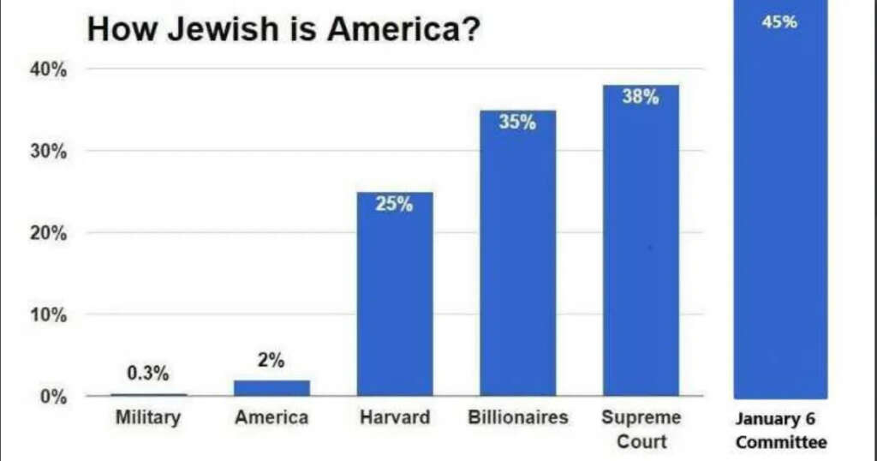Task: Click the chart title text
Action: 283,30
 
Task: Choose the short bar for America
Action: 271,388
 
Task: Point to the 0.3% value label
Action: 148,374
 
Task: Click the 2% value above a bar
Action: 271,361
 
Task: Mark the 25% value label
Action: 395,206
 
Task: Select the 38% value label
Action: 641,97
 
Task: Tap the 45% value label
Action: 779,22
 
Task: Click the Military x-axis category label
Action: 148,418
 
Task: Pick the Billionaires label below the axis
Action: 518,418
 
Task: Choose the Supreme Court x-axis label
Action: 641,429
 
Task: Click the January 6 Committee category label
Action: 781,431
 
